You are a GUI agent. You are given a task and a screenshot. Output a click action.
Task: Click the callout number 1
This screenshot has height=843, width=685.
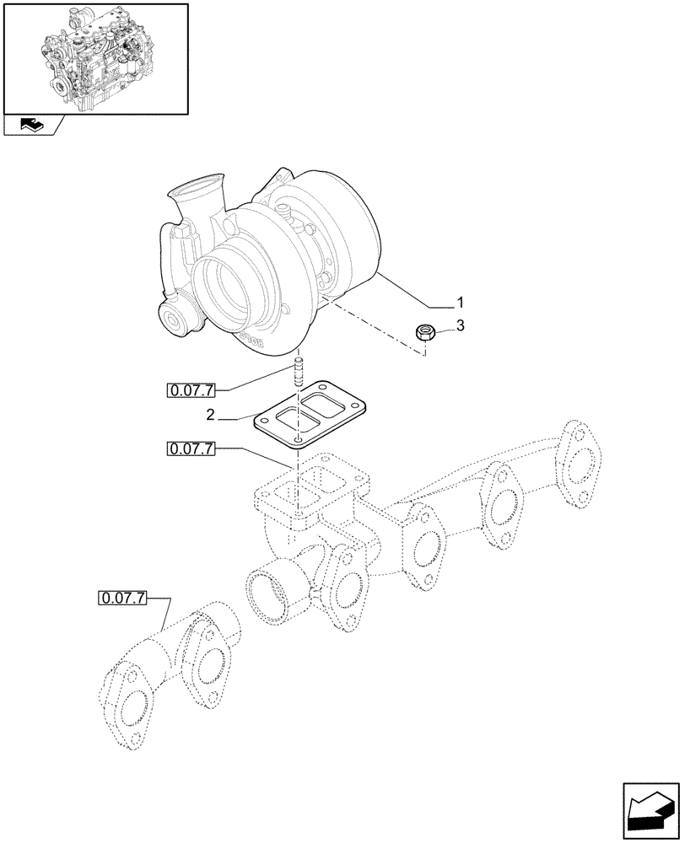coord(459,302)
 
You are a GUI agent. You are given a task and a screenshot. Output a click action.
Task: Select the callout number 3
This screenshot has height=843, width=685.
coord(459,325)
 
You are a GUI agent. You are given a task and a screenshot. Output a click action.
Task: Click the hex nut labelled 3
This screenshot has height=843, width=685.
coord(425,333)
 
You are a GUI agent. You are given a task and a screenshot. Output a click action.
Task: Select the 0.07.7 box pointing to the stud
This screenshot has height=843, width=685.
coord(191,389)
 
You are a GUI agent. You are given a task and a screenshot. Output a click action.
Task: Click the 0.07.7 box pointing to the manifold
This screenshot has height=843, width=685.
coord(191,449)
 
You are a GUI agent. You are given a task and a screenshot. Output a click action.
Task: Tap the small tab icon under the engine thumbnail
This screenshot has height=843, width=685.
coord(30,126)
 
